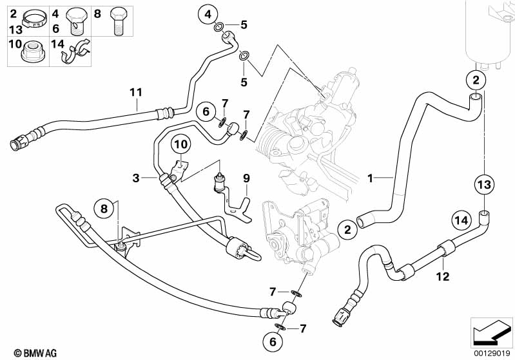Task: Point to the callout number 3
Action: [x=136, y=177]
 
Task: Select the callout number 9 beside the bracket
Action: [x=246, y=177]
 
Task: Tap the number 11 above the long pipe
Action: [x=135, y=92]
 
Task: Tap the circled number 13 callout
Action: [x=484, y=184]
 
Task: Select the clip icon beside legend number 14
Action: [x=76, y=53]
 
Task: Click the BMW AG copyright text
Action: [x=24, y=352]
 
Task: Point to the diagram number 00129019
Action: [x=492, y=352]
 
